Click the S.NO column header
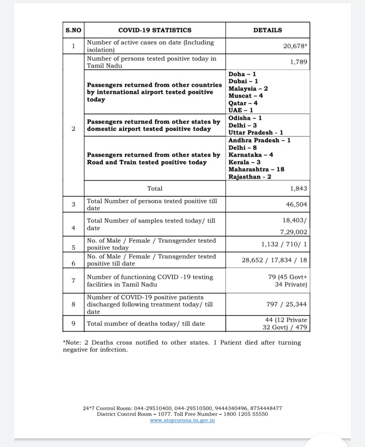coord(73,30)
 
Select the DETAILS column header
coord(267,30)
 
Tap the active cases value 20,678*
coord(295,46)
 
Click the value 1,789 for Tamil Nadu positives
coord(298,62)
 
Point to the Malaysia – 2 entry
coord(248,88)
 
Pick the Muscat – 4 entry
coord(245,96)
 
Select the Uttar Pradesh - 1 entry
coord(256,132)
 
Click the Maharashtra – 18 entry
coord(256,169)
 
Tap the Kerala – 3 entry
coord(244,162)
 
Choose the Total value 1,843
coord(298,189)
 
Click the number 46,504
coord(296,204)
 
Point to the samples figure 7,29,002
coord(293,232)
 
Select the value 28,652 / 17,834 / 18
coord(274,260)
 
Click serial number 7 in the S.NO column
coord(73,280)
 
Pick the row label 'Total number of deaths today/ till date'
coord(146,324)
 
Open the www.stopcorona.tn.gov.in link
coord(182,420)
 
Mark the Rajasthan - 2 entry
coord(250,177)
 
